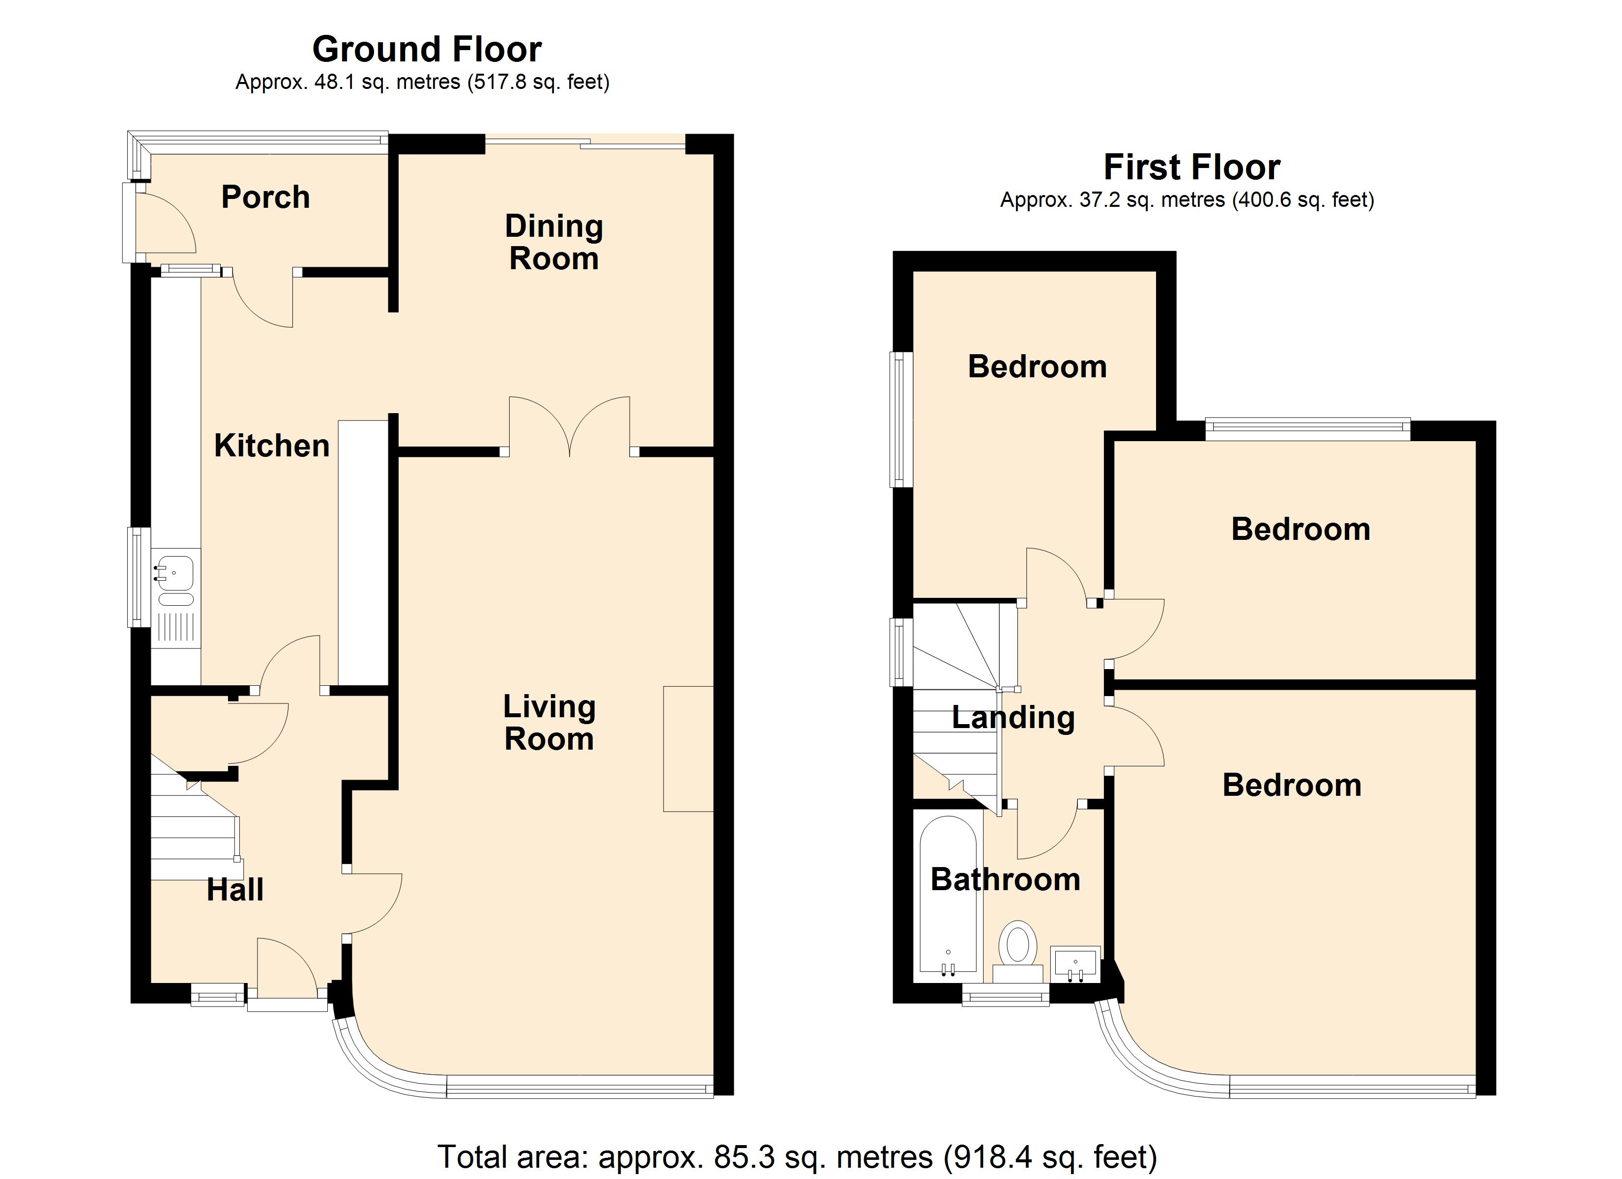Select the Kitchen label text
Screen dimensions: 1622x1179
272,446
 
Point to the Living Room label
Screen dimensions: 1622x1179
549,722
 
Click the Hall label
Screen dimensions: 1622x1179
235,890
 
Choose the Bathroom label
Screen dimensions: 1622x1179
1006,879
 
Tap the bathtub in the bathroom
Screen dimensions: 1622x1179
948,896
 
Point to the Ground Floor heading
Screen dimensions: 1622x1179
427,49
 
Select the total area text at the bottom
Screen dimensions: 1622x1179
797,1156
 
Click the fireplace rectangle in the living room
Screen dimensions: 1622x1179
688,749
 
